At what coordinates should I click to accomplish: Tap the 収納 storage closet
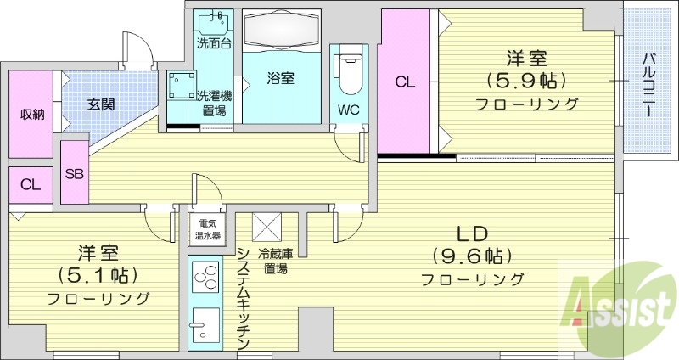(32, 114)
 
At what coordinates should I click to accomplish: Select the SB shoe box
(74, 172)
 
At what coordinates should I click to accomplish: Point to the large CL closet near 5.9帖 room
(405, 82)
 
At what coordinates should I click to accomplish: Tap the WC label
(348, 110)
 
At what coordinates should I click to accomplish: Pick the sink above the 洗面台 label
(214, 21)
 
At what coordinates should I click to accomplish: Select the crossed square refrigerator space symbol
(268, 227)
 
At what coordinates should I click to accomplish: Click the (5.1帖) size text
(98, 275)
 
